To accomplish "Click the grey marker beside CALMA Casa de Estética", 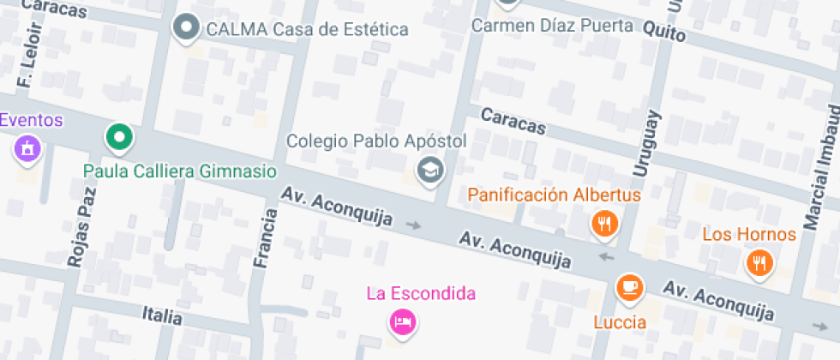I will (186, 28).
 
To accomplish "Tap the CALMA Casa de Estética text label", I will (306, 29).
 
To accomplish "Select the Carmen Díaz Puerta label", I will (552, 26).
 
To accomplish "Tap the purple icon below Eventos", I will (28, 149).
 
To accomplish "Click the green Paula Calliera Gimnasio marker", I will (120, 137).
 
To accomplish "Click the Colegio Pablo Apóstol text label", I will (375, 141).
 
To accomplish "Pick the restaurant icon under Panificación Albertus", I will (605, 225).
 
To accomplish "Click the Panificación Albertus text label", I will (554, 195).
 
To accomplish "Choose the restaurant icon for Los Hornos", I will (758, 262).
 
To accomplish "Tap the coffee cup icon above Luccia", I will (630, 287).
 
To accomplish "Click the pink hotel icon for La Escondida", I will (402, 322).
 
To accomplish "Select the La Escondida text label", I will (421, 294).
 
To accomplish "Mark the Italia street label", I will (162, 316).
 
